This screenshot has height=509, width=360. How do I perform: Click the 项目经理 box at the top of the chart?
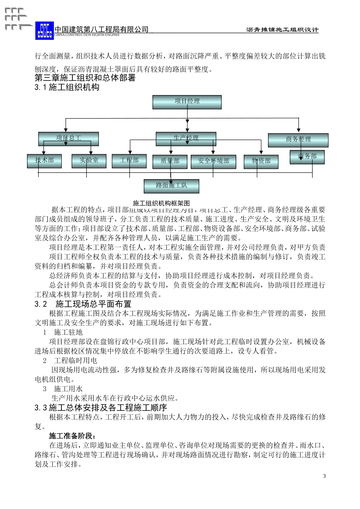click(187, 102)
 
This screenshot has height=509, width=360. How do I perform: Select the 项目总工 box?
click(69, 139)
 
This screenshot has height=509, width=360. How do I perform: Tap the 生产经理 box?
click(186, 139)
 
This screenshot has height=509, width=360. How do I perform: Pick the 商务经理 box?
click(298, 140)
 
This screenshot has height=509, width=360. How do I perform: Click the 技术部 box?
click(44, 161)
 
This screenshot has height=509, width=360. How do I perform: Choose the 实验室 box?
click(89, 161)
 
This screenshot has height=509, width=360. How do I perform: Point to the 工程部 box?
click(129, 161)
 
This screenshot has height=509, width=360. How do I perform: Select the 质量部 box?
click(169, 161)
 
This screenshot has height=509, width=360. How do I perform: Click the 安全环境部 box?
click(213, 161)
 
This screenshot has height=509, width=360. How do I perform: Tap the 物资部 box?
click(261, 161)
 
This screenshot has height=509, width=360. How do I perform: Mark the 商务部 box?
click(307, 157)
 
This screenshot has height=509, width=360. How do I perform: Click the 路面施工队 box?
click(171, 186)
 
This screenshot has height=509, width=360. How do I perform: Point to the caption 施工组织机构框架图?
click(161, 203)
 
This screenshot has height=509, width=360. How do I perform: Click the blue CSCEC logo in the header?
click(44, 31)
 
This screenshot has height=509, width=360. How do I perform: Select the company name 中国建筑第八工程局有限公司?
click(102, 29)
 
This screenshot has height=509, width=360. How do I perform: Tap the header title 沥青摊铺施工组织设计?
click(282, 30)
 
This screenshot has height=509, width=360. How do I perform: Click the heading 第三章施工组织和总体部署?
click(85, 78)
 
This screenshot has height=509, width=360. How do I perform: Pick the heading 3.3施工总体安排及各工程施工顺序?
click(101, 408)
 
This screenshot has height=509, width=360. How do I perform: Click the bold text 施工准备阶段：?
click(72, 436)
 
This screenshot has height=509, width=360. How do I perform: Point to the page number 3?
click(324, 476)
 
